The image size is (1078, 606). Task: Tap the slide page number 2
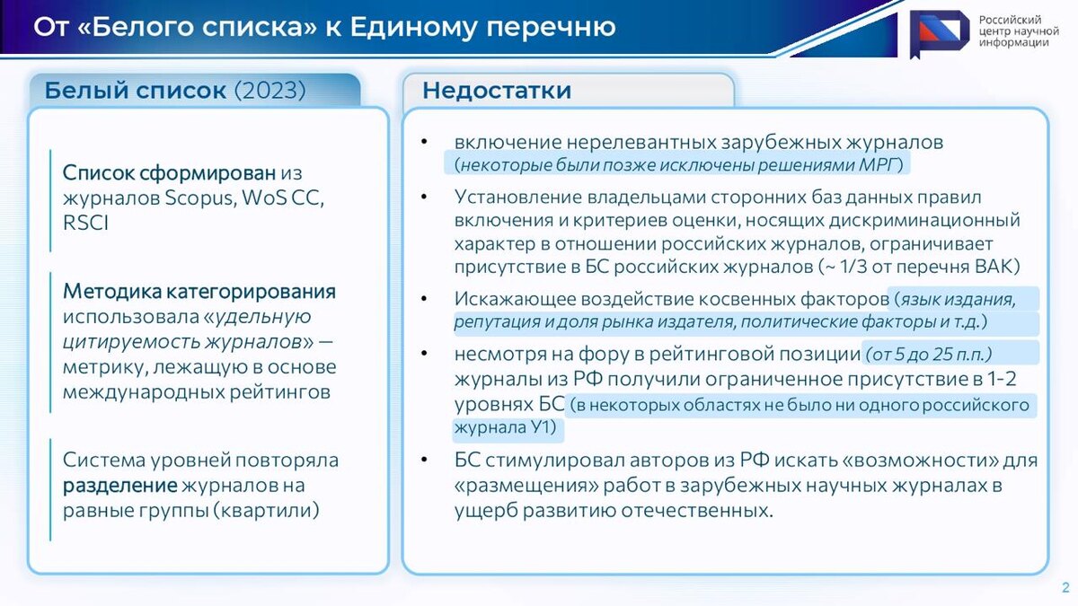coord(1065,587)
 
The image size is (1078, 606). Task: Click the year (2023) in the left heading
coord(269,90)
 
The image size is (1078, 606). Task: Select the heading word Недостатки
coord(497,91)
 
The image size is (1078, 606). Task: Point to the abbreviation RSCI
coord(85,223)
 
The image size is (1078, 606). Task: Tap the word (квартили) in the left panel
coord(266,510)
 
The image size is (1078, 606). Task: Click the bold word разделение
coord(119,486)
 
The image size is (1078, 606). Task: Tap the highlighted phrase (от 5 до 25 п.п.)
coord(928,355)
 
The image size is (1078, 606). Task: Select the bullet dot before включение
coord(424,142)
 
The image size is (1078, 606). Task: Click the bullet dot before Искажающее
coord(424,299)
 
